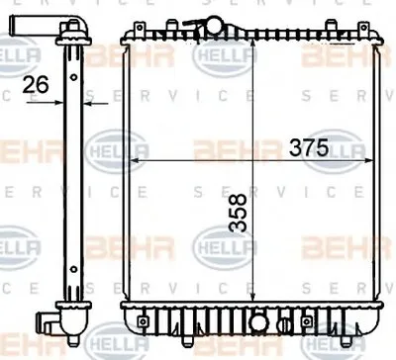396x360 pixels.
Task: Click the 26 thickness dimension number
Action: point(36,84)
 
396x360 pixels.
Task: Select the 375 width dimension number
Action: point(309,147)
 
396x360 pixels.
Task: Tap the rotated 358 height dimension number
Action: point(239,213)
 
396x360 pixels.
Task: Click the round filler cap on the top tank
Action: point(215,26)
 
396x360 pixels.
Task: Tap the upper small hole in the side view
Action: point(74,77)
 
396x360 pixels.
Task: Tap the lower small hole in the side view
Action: point(74,269)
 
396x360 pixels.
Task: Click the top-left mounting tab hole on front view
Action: point(140,27)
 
